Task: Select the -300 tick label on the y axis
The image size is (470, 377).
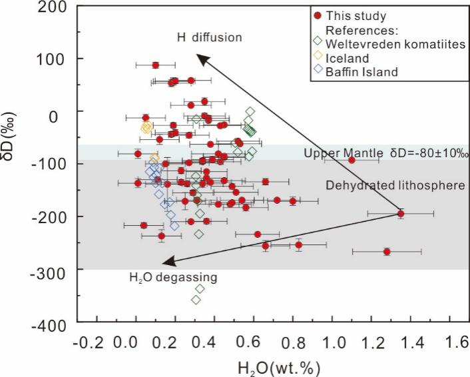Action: [x=52, y=270]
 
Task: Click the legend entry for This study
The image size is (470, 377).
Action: [x=360, y=15]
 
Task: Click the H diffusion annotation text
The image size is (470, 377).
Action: [x=210, y=37]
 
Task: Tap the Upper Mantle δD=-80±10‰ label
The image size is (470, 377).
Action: [x=387, y=153]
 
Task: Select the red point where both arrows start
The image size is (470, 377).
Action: [x=401, y=213]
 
